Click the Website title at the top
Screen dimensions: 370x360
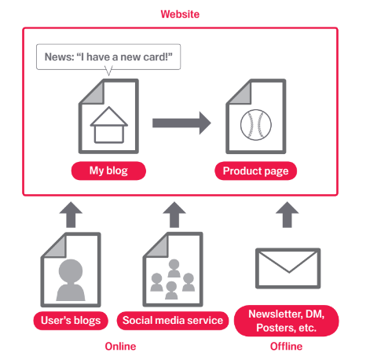[x=180, y=14]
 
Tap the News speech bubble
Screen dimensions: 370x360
[x=108, y=57]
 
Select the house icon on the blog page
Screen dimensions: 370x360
[x=109, y=125]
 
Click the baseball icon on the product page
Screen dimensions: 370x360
[x=256, y=125]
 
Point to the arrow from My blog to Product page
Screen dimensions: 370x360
[x=181, y=123]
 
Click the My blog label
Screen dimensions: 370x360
[x=108, y=171]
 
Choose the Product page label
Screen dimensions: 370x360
[x=256, y=171]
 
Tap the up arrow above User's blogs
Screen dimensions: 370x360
[x=71, y=215]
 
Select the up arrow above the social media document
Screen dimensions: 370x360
[x=174, y=215]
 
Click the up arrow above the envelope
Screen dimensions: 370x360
[x=288, y=215]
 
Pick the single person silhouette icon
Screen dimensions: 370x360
[x=71, y=280]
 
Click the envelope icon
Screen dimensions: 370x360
[x=288, y=268]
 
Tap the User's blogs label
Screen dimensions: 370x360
[x=71, y=321]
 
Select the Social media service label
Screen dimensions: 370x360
[x=173, y=321]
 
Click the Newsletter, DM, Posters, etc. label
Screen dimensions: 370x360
[x=287, y=321]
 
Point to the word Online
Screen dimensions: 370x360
[x=120, y=347]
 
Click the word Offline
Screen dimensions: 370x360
[x=286, y=347]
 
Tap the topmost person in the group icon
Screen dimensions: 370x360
[x=174, y=268]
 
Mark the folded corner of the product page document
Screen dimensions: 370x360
[x=241, y=94]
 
